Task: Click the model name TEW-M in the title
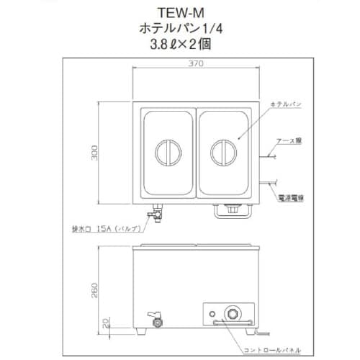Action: (178, 12)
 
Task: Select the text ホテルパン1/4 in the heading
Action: (178, 29)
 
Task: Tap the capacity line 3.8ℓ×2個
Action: (178, 45)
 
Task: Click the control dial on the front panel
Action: (233, 315)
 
